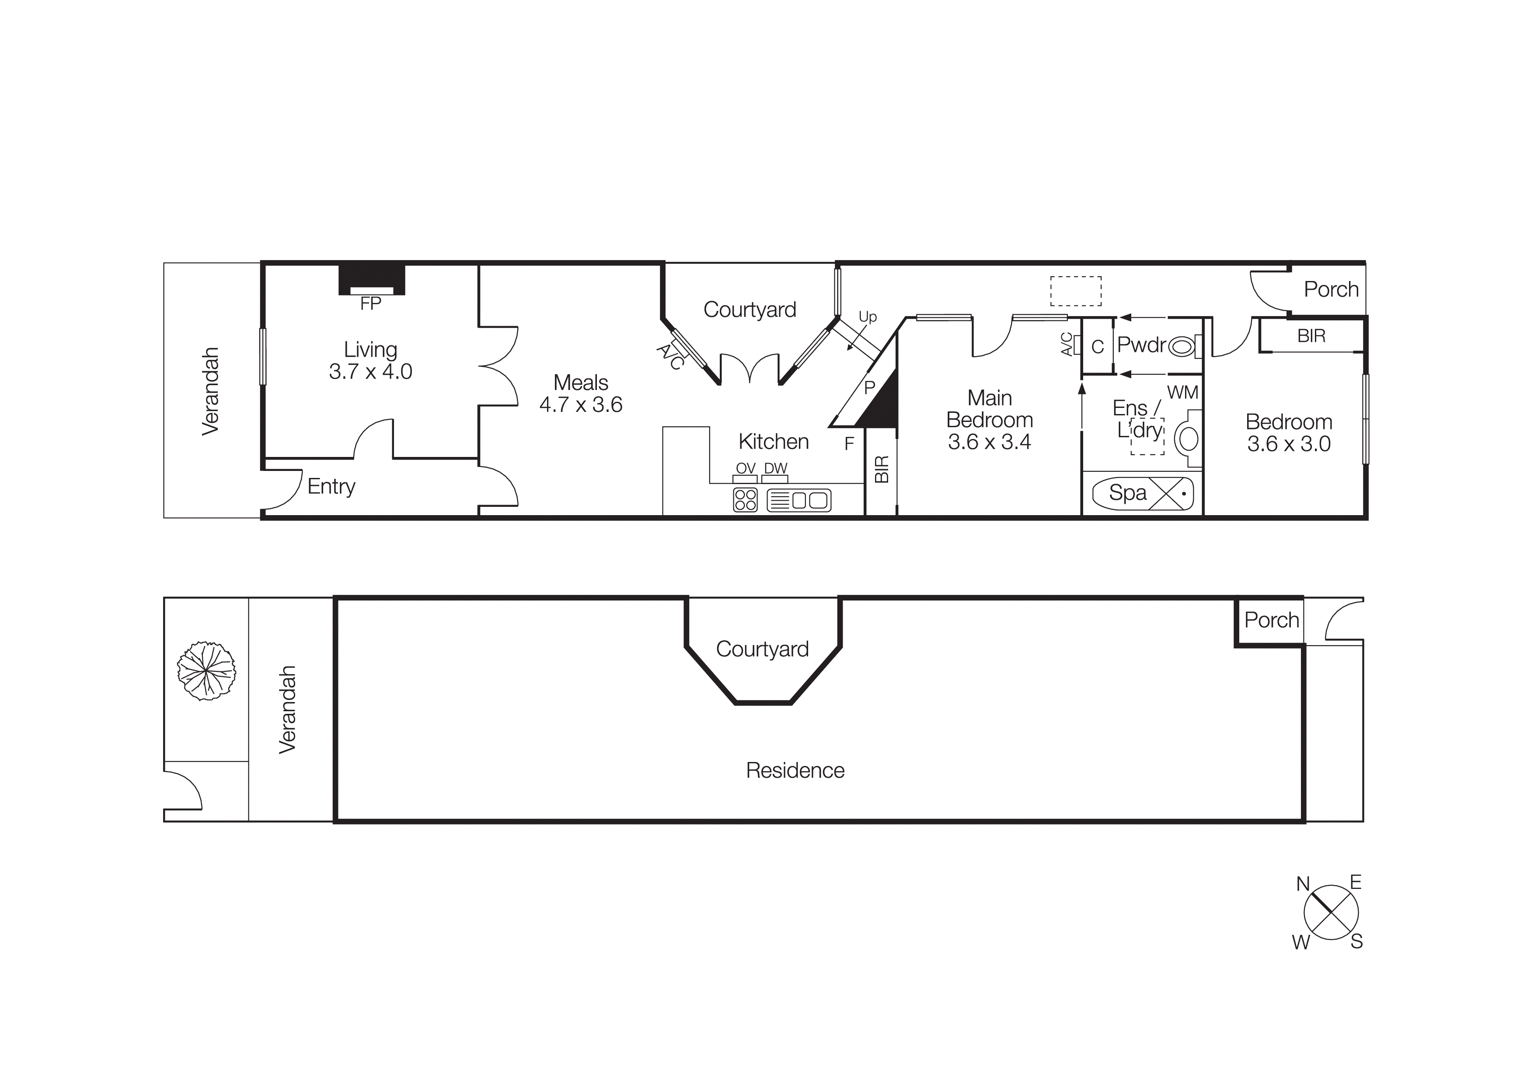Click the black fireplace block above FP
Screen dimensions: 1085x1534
[x=371, y=277]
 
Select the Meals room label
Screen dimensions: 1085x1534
[x=581, y=383]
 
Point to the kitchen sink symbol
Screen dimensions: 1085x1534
[x=798, y=500]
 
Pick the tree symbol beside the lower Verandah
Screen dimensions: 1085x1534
[x=206, y=671]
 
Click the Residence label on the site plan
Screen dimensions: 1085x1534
[x=795, y=770]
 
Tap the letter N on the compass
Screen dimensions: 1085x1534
[x=1302, y=884]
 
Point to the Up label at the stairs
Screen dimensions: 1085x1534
[x=867, y=317]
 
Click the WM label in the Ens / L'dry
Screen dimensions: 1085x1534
[x=1182, y=393]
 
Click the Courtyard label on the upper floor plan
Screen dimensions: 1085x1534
[x=749, y=309]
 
